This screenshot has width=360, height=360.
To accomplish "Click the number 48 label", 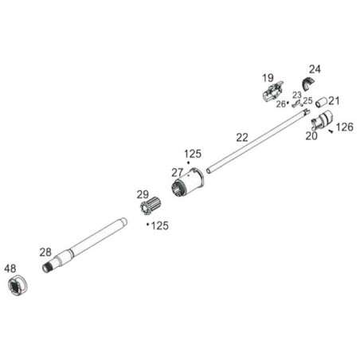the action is tap(10, 268).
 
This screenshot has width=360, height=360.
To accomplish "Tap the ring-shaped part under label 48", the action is tap(18, 286).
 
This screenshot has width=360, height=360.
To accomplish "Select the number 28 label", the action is tap(45, 252).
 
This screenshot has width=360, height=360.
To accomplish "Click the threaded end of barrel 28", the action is tap(47, 268).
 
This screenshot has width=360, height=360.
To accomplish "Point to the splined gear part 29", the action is tap(149, 206).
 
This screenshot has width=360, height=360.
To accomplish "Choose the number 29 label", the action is tap(143, 194).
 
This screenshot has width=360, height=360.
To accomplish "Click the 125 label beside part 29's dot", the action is tap(160, 226).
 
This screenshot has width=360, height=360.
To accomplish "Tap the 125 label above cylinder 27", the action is tap(193, 154).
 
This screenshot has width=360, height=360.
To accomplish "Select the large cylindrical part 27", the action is tap(188, 182).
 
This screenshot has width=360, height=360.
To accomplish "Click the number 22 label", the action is tap(242, 138).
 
